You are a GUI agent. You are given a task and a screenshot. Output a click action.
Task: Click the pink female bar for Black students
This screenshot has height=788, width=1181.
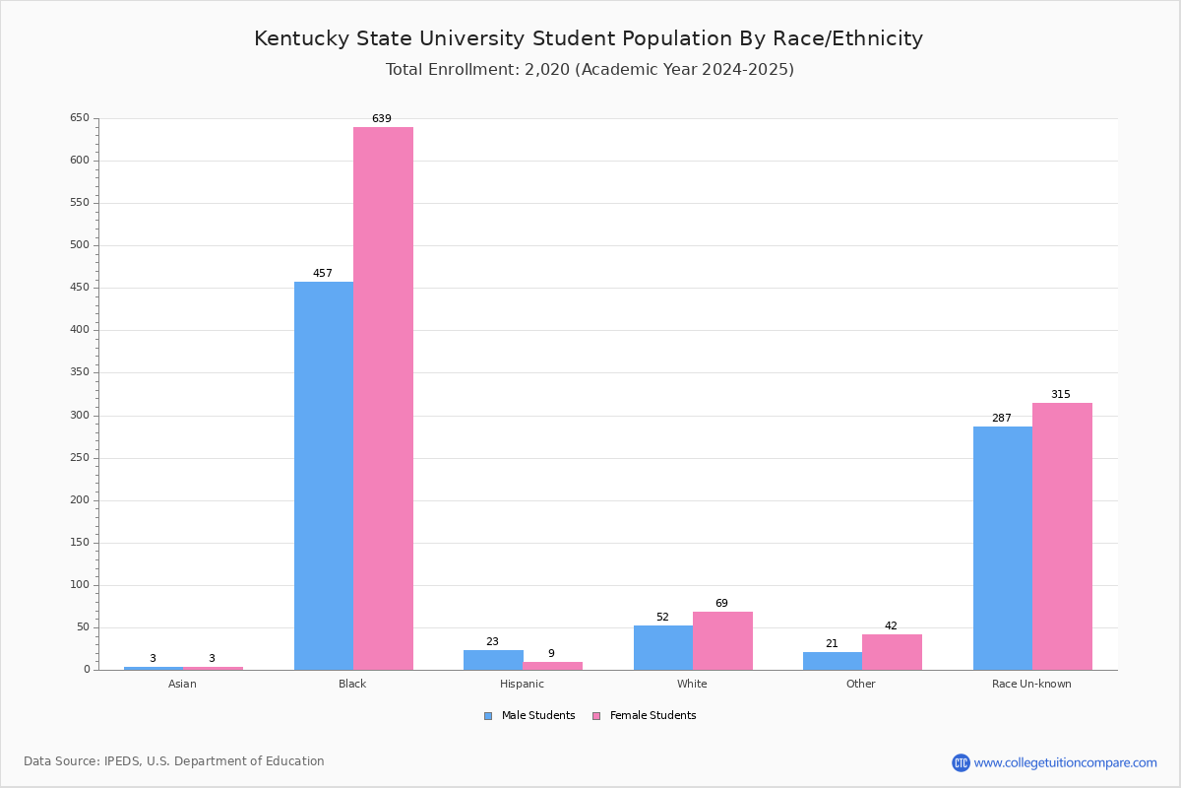(383, 399)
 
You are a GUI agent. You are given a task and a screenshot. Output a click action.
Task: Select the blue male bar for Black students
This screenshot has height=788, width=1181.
(324, 476)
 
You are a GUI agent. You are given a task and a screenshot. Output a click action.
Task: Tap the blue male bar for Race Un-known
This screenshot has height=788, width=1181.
(1003, 549)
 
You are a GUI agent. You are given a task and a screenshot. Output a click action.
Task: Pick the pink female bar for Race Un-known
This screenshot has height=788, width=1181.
(1062, 537)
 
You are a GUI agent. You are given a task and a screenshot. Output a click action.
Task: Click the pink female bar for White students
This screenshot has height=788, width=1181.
(722, 641)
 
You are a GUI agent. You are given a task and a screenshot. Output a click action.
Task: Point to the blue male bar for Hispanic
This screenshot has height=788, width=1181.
(493, 660)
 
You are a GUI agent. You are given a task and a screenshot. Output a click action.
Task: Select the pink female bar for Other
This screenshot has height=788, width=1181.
(892, 652)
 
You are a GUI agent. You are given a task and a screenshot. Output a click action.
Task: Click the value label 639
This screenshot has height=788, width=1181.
(382, 118)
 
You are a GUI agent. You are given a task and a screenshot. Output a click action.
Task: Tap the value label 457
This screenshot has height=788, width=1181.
(323, 273)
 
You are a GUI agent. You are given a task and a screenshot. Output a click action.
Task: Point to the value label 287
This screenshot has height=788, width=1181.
(1002, 418)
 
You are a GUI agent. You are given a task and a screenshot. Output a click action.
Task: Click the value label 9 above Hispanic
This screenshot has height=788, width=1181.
(551, 653)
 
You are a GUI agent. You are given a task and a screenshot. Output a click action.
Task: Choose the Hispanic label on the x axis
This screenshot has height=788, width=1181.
(522, 684)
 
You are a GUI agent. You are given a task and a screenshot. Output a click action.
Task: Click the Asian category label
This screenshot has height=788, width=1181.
(182, 684)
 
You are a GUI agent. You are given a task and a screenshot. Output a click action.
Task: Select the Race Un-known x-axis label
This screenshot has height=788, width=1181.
(1031, 684)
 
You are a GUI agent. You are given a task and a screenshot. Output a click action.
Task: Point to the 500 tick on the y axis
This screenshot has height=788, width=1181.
(80, 245)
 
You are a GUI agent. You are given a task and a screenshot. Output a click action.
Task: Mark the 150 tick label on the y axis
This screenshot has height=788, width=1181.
(80, 543)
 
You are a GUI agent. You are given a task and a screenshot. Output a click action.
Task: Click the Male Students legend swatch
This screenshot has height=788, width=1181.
(488, 716)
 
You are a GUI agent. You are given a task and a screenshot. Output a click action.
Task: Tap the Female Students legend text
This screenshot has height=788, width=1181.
(653, 716)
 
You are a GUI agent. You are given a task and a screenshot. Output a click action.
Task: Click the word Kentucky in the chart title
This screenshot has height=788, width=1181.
(301, 39)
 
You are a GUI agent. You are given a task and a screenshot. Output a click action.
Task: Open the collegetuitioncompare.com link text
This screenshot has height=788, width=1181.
(1066, 762)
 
